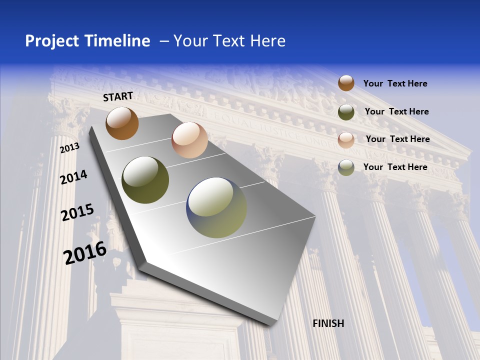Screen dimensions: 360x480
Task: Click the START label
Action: [x=118, y=96]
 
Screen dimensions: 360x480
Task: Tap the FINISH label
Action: [x=328, y=323]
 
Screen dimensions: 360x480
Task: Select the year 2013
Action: [x=70, y=148]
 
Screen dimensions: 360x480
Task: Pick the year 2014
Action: [x=74, y=177]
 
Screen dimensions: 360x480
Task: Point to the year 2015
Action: [x=77, y=212]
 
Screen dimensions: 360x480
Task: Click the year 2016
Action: [x=85, y=253]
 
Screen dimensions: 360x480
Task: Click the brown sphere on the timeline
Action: [x=122, y=123]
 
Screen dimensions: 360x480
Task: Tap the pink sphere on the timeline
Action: [x=189, y=140]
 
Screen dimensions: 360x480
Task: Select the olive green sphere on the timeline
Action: [x=145, y=180]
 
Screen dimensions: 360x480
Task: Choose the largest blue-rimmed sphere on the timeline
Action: [x=216, y=207]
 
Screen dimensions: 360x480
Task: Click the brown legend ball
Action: [x=346, y=83]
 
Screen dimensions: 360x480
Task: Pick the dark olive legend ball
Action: [x=346, y=112]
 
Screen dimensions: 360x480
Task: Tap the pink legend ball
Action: [x=346, y=140]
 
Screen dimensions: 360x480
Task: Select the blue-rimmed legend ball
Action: [x=346, y=167]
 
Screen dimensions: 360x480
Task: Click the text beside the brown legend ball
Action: [x=395, y=83]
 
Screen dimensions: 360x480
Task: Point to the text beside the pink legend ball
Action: [x=398, y=139]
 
